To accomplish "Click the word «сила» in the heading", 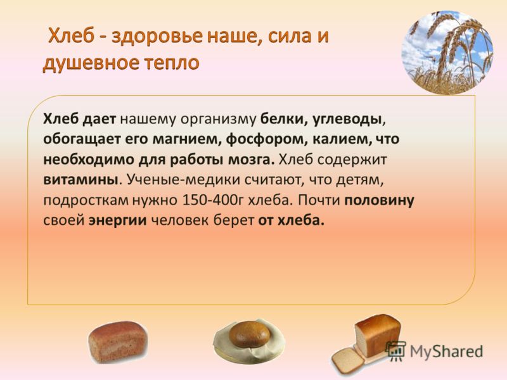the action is point(283,35).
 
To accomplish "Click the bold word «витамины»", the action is point(80,180).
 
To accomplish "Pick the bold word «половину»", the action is point(379,201).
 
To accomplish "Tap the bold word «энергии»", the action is point(118,221).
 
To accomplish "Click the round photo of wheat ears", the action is point(448,53).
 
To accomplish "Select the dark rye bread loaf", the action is point(118,342).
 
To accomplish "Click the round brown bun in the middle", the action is point(249,334).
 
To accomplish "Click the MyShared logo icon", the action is point(396,351).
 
